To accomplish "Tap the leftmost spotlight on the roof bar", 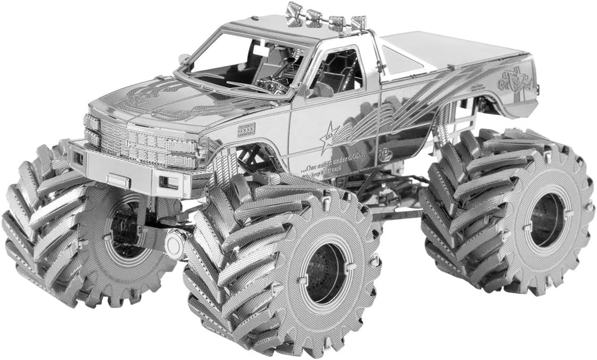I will click(x=294, y=13).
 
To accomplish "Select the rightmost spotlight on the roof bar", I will click(x=359, y=23).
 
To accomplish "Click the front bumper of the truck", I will click(x=133, y=170).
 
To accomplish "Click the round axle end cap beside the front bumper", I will click(x=175, y=243).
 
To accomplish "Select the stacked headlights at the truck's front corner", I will click(x=91, y=131).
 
